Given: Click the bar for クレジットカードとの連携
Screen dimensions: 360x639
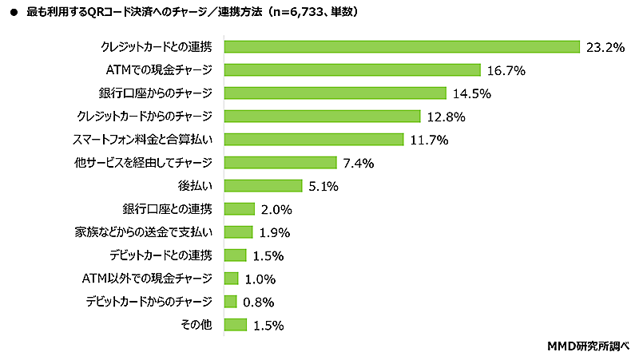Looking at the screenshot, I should [x=402, y=47].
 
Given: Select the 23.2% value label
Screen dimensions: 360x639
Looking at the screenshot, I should [x=605, y=47].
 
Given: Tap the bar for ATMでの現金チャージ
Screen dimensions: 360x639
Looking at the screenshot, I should [x=352, y=70].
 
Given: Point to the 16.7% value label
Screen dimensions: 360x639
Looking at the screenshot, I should [x=506, y=70].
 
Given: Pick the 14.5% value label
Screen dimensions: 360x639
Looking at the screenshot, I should [x=471, y=93].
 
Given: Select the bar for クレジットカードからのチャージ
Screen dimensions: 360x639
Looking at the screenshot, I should [x=323, y=117].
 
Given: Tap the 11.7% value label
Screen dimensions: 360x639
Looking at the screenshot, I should [x=429, y=140].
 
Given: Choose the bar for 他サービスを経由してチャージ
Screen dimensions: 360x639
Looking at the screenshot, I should [x=280, y=163].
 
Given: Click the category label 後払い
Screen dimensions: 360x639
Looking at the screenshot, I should [x=194, y=186].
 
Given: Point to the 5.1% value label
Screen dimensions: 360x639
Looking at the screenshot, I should [x=322, y=186].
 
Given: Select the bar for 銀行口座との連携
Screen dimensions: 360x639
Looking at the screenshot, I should [x=240, y=209].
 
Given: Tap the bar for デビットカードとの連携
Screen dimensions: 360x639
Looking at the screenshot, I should [x=236, y=255].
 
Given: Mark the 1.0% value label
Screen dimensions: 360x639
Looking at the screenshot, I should [x=260, y=279].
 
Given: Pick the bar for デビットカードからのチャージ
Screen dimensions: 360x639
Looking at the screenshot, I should [x=231, y=302].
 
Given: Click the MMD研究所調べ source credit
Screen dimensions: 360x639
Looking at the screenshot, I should [x=588, y=346].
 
